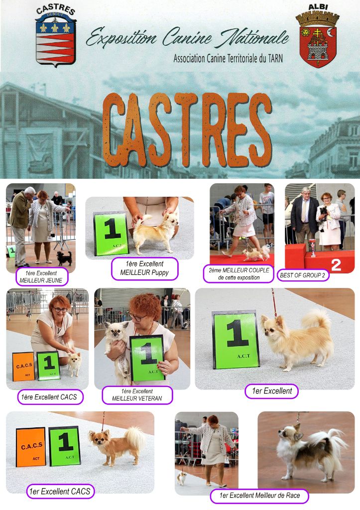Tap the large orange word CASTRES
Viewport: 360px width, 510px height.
pos(187,130)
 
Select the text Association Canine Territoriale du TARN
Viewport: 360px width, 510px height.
pos(228,59)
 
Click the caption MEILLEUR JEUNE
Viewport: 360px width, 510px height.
pos(41,280)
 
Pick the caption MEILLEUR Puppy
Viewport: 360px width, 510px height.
pos(144,272)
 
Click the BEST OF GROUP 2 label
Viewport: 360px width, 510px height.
pos(302,275)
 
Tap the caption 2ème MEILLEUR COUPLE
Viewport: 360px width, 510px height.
pos(239,270)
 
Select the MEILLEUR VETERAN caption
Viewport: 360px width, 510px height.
pos(137,398)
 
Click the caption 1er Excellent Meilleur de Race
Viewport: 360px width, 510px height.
pos(259,496)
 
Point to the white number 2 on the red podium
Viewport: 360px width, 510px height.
pos(336,265)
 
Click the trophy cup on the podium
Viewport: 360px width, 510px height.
pos(313,248)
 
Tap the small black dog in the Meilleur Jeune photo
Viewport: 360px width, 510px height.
pos(64,258)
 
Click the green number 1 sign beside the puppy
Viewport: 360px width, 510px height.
pos(111,234)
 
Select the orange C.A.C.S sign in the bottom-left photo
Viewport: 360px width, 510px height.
pos(31,447)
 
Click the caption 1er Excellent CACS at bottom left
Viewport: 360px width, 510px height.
pos(60,491)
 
